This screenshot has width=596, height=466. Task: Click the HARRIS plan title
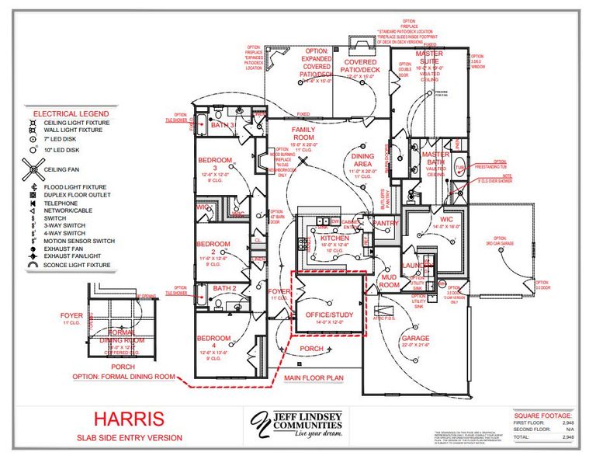[129, 419]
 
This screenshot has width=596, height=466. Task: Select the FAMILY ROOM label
[302, 133]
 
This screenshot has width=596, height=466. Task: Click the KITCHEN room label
[324, 238]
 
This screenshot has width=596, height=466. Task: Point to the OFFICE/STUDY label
[324, 315]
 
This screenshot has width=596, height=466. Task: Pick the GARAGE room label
[414, 339]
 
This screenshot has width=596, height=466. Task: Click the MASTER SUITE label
[429, 57]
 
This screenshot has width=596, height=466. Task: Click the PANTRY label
[385, 223]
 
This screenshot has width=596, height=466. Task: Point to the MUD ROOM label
[388, 280]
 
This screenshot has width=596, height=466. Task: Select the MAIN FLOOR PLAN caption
[313, 378]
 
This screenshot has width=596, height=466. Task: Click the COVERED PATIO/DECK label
[361, 66]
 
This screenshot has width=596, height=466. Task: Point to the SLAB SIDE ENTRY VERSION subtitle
[130, 438]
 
